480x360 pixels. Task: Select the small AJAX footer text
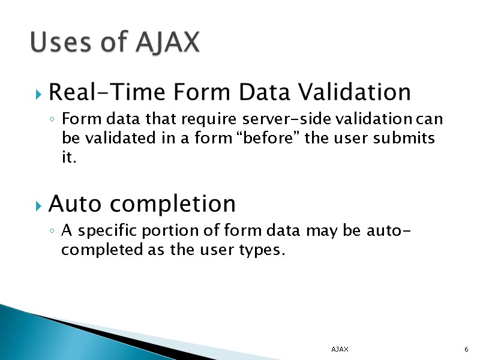point(340,349)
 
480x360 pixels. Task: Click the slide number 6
point(466,349)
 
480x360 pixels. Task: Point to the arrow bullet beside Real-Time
point(38,94)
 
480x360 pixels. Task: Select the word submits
point(404,139)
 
